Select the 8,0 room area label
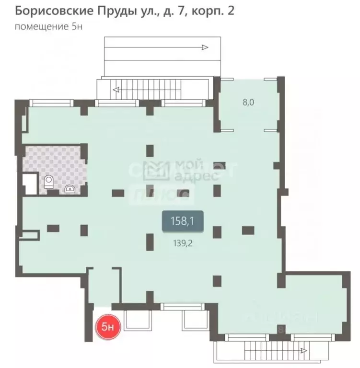(248, 102)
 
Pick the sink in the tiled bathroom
(70, 188)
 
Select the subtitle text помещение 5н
(49, 26)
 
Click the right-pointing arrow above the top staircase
(205, 47)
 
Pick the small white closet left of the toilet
(30, 184)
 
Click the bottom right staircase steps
(268, 353)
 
